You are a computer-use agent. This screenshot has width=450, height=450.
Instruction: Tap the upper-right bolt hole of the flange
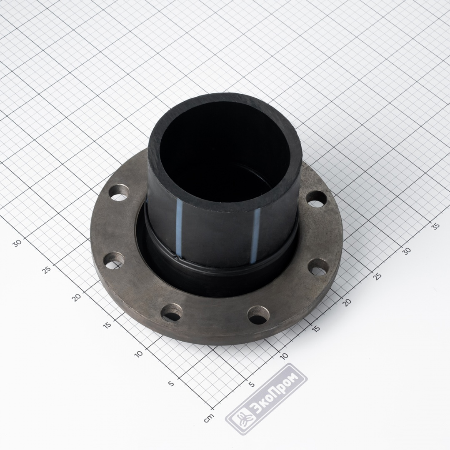[x=316, y=199]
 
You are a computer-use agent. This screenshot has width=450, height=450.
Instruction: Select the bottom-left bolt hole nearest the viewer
[x=172, y=312]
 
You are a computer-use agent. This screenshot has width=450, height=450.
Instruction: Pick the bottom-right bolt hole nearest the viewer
[x=258, y=315]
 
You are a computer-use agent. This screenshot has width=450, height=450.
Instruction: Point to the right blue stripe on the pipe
[x=255, y=235]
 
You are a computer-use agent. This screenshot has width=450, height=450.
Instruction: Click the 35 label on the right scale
[x=436, y=226]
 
